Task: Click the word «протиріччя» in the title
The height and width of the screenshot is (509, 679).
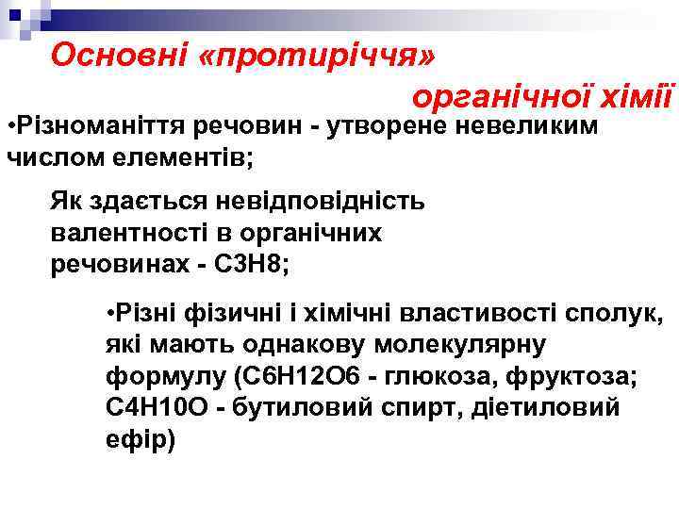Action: point(318,55)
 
